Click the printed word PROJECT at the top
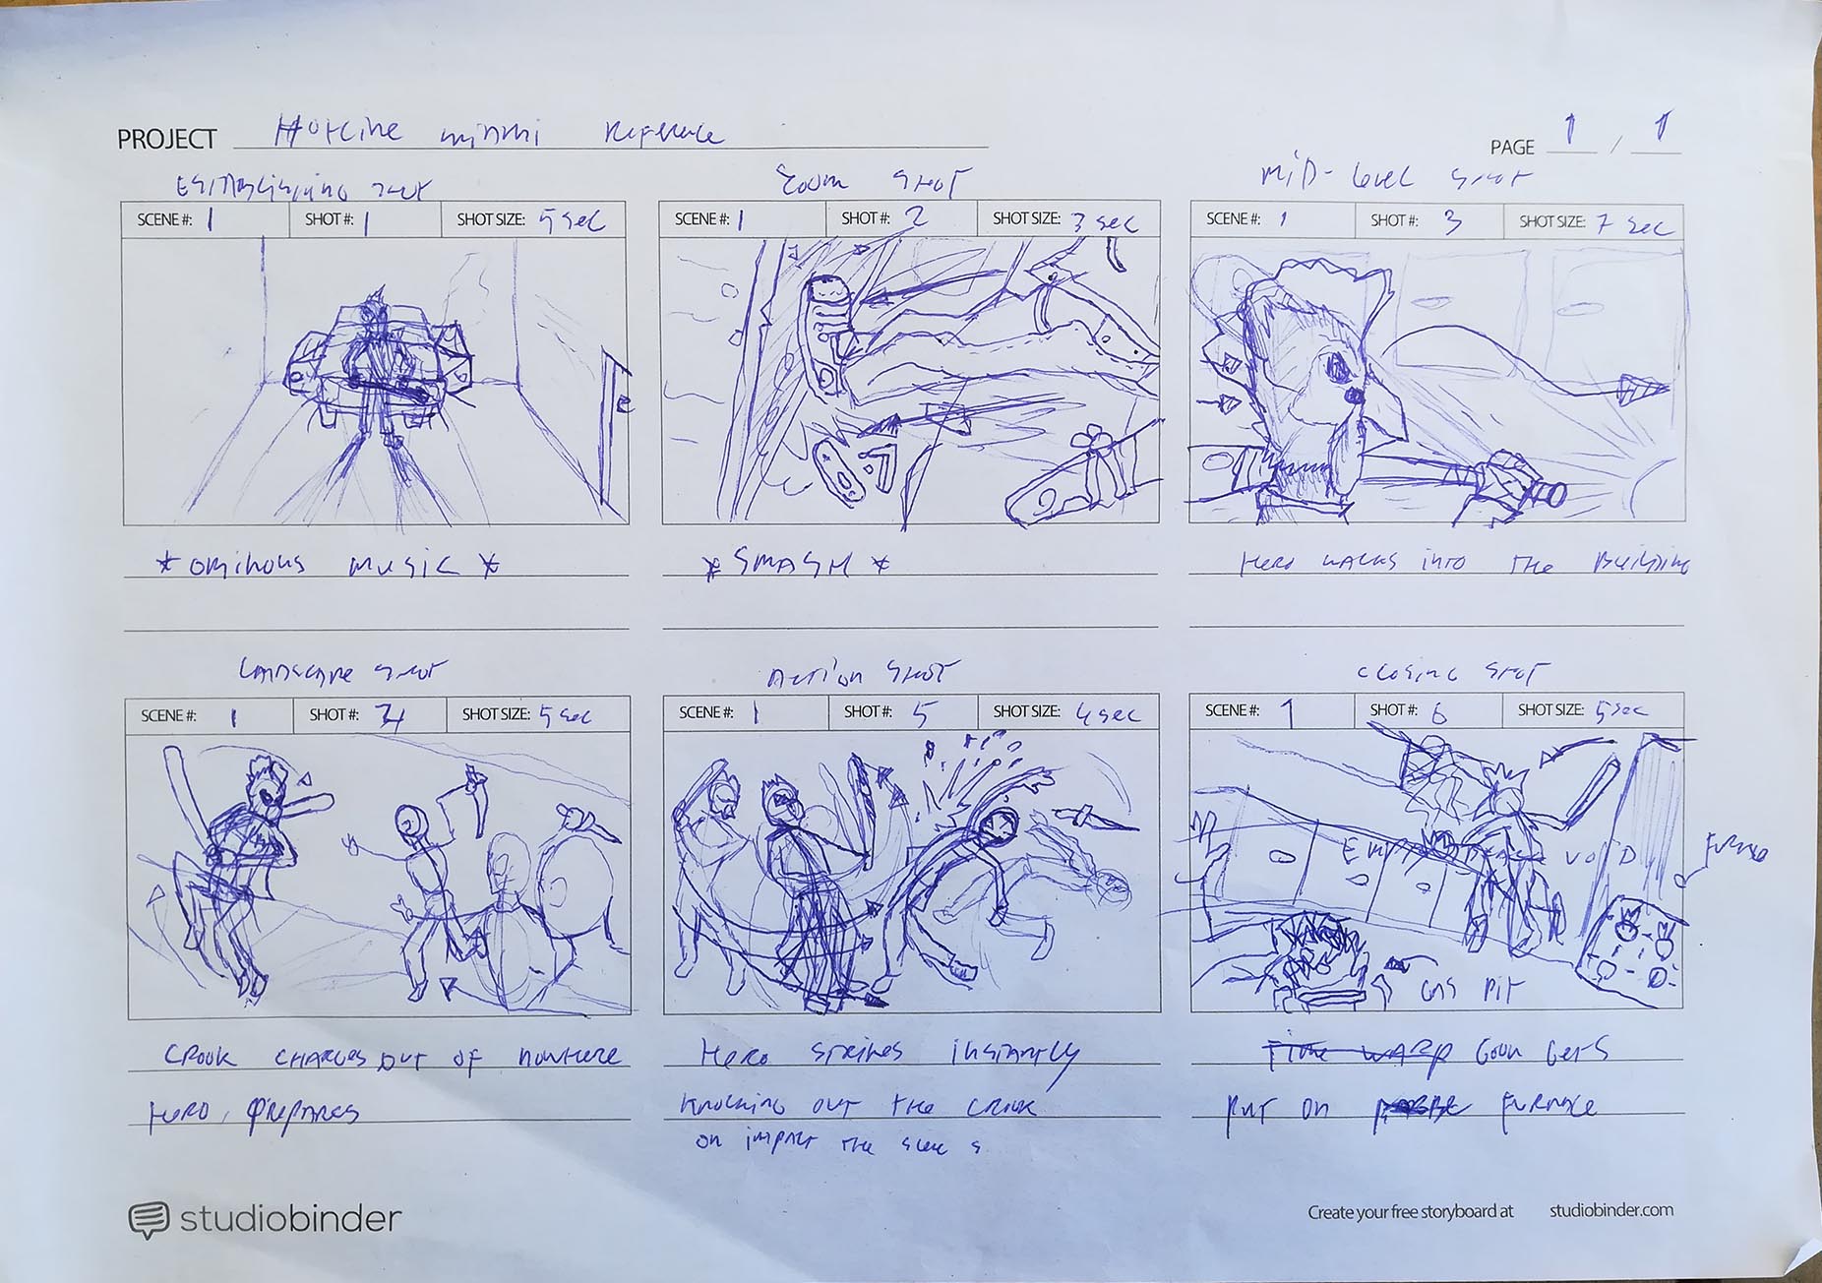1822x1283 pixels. tap(166, 140)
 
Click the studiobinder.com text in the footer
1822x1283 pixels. tap(1610, 1210)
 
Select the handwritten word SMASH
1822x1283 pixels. tap(793, 566)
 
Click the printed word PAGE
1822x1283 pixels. tap(1511, 148)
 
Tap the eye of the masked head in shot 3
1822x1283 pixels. tap(1339, 369)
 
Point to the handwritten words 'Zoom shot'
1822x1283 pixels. tap(870, 182)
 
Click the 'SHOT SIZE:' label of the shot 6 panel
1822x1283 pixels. tap(1549, 710)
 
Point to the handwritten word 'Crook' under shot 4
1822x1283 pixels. tap(200, 1057)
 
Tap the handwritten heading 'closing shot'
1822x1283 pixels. tap(1451, 673)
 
